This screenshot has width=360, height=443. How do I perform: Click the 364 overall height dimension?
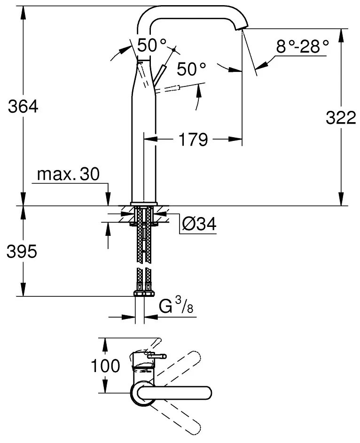[x=23, y=107]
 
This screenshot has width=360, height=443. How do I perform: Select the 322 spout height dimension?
[x=341, y=117]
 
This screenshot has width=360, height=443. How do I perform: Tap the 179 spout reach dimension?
[x=194, y=139]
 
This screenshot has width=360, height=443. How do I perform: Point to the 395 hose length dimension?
[x=22, y=251]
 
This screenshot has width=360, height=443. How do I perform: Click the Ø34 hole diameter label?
[x=199, y=224]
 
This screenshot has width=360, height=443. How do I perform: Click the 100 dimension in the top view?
[x=105, y=366]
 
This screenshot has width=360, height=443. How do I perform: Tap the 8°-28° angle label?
[x=302, y=47]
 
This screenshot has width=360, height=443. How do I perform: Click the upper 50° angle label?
[x=152, y=45]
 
